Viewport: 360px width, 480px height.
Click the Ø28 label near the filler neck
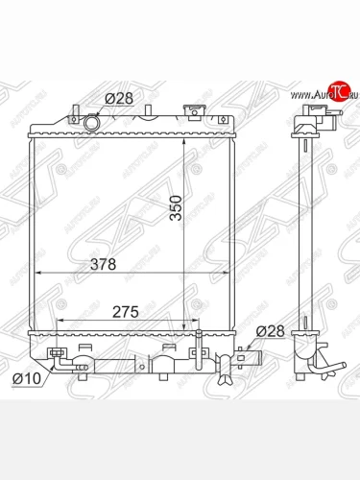point(118,97)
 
